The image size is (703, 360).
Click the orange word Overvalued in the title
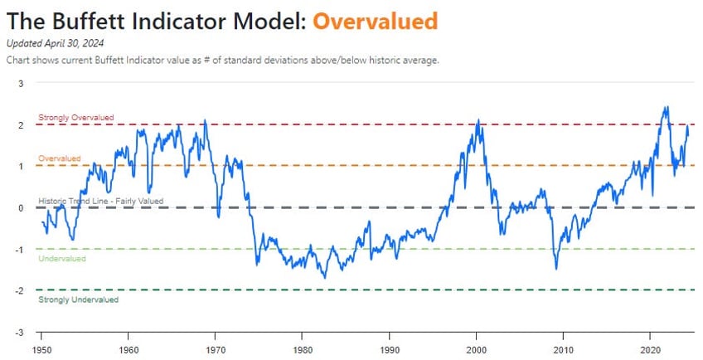(x=375, y=20)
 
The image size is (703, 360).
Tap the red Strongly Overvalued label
(x=76, y=118)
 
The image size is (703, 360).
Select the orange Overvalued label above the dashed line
(x=60, y=158)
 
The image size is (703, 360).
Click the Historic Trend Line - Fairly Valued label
(x=101, y=201)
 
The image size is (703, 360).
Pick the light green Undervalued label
(x=62, y=259)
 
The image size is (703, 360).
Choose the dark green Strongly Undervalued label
(x=79, y=299)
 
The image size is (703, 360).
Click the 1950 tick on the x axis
(x=41, y=349)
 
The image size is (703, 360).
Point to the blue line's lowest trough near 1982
(x=325, y=277)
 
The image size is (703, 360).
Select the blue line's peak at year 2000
(x=478, y=121)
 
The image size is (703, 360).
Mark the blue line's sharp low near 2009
(x=556, y=268)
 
